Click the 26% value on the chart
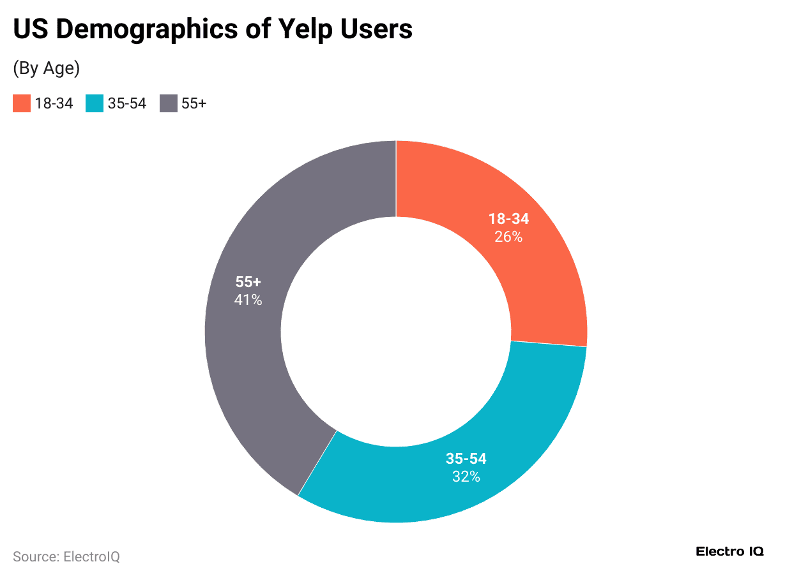[508, 237]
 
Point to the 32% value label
[466, 476]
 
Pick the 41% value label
[248, 299]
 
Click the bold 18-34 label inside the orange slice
[508, 219]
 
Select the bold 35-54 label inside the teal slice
[466, 459]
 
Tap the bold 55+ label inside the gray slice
[248, 282]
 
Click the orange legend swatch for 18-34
[22, 103]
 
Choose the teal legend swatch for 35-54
[95, 103]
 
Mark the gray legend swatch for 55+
[168, 103]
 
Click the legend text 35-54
[127, 103]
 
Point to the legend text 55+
[194, 103]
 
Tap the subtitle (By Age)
[46, 69]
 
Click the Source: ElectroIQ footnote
[66, 557]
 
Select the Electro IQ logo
[729, 552]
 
